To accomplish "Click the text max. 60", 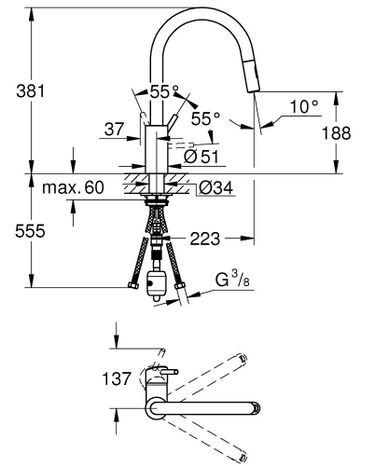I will click(x=73, y=188).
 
